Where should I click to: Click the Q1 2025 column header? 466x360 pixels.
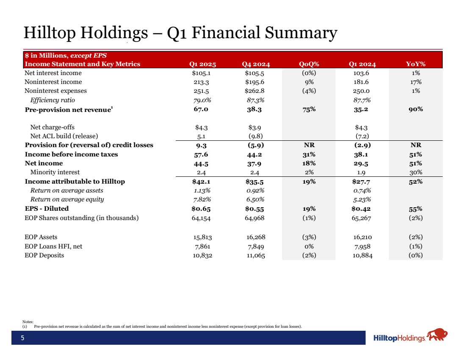point(202,64)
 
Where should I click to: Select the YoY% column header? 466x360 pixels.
point(415,64)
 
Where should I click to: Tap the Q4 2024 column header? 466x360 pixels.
point(256,64)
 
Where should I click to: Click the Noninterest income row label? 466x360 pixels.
point(53,82)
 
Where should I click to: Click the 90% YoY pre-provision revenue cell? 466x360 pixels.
point(416,109)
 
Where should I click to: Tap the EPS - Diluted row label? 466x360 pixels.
point(47,209)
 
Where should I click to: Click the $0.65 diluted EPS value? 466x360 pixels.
point(201,209)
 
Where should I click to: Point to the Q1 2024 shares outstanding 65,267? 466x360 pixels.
point(362,218)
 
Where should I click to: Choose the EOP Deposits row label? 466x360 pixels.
point(44,255)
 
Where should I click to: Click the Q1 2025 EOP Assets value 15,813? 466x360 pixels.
point(202,237)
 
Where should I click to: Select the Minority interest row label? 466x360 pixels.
point(55,172)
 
